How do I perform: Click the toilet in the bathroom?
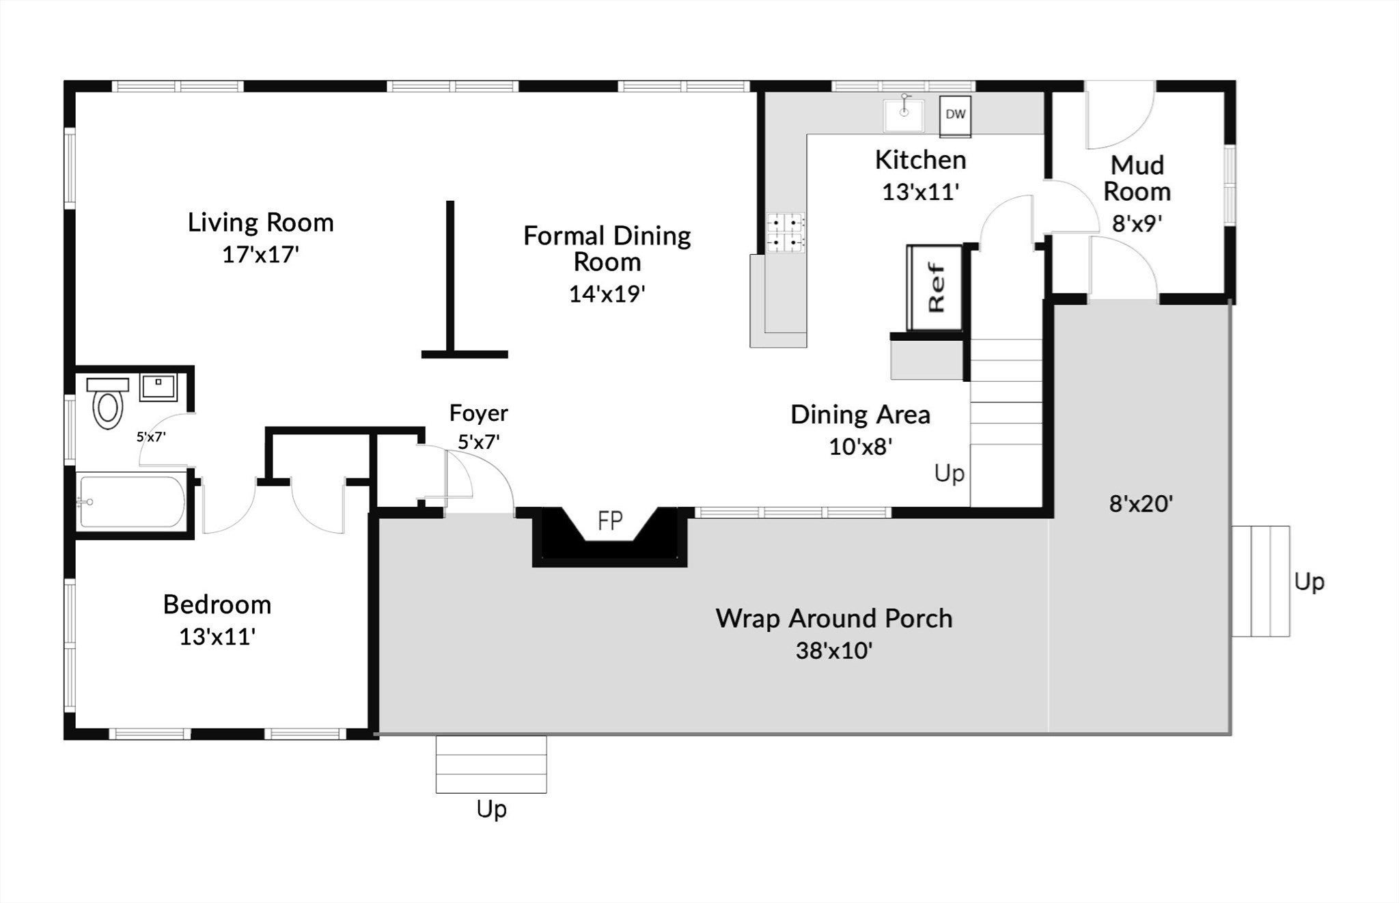point(107,403)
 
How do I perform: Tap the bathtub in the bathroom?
point(132,502)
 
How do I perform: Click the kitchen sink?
point(903,115)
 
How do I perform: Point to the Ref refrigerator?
point(934,288)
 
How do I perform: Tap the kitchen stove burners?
point(786,232)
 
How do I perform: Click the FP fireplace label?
point(611,521)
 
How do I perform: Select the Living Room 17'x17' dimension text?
point(261,255)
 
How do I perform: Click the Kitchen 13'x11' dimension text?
point(921,192)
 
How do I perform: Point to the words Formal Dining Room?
point(607,249)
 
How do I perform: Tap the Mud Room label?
point(1137,178)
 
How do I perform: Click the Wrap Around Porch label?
point(834,618)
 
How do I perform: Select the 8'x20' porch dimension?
point(1141,504)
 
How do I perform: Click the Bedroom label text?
point(217,605)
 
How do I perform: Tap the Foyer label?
point(478,413)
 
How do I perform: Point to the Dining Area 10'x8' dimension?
point(861,447)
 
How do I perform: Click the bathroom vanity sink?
point(158,387)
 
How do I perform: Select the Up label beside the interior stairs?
point(950,473)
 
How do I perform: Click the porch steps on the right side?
point(1261,581)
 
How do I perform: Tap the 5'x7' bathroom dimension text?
point(151,436)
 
